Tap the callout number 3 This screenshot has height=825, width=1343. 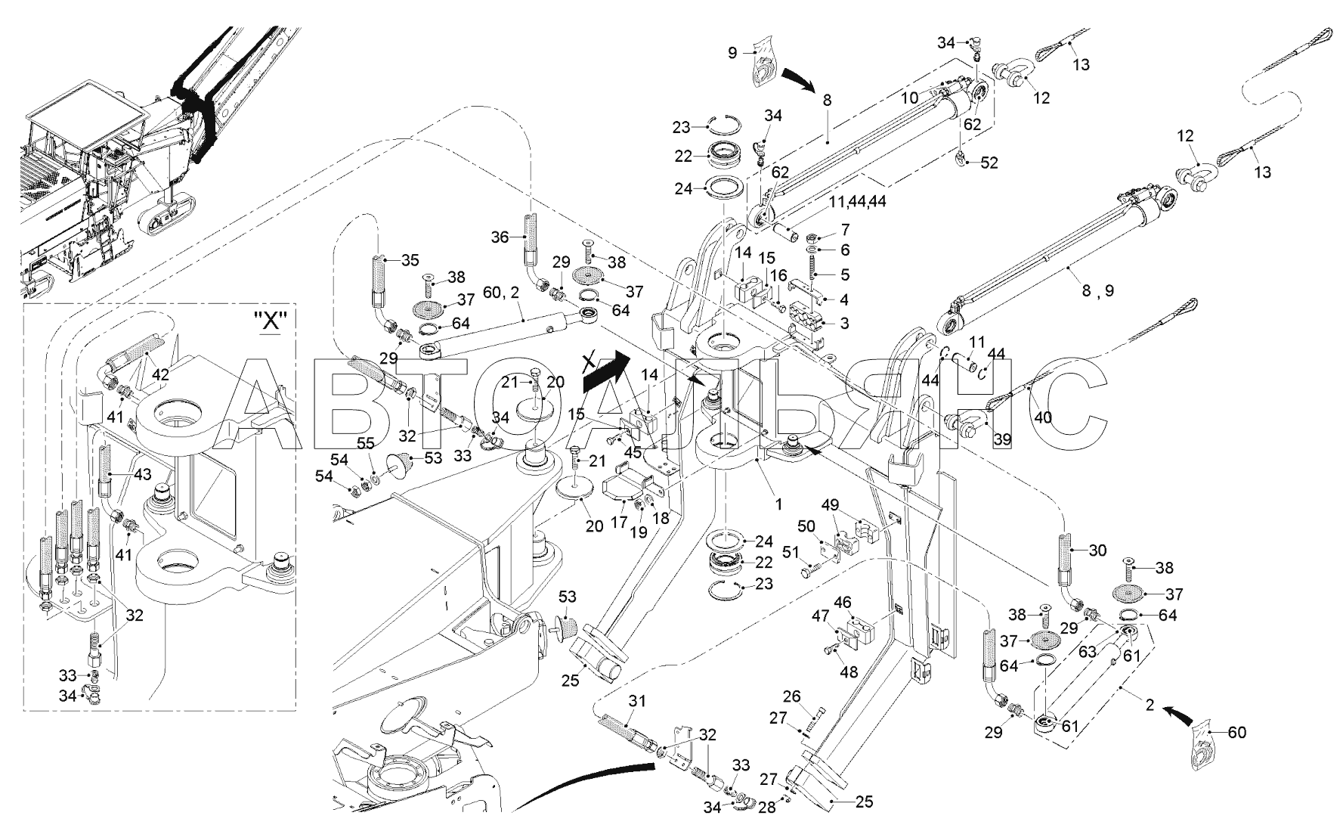843,324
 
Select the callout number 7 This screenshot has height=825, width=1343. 844,229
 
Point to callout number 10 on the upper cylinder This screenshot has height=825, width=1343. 908,98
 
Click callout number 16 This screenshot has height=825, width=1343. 778,276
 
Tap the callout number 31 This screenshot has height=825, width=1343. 638,701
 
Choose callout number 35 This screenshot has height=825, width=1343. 410,262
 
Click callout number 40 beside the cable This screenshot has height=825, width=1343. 1042,417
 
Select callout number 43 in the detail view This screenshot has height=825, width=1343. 142,474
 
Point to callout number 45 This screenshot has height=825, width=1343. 632,453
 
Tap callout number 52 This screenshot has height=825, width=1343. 989,163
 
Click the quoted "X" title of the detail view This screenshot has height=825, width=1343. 271,320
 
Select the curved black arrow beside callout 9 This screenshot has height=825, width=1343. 798,78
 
